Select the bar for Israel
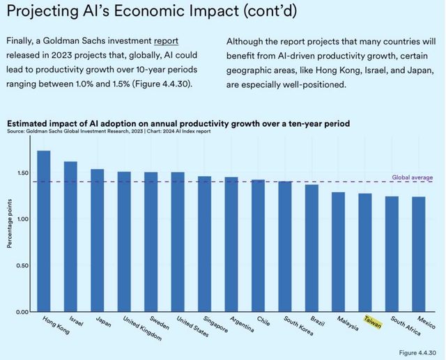pos(70,237)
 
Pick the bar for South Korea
pos(284,246)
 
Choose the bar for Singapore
pos(204,244)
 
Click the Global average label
pos(412,177)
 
